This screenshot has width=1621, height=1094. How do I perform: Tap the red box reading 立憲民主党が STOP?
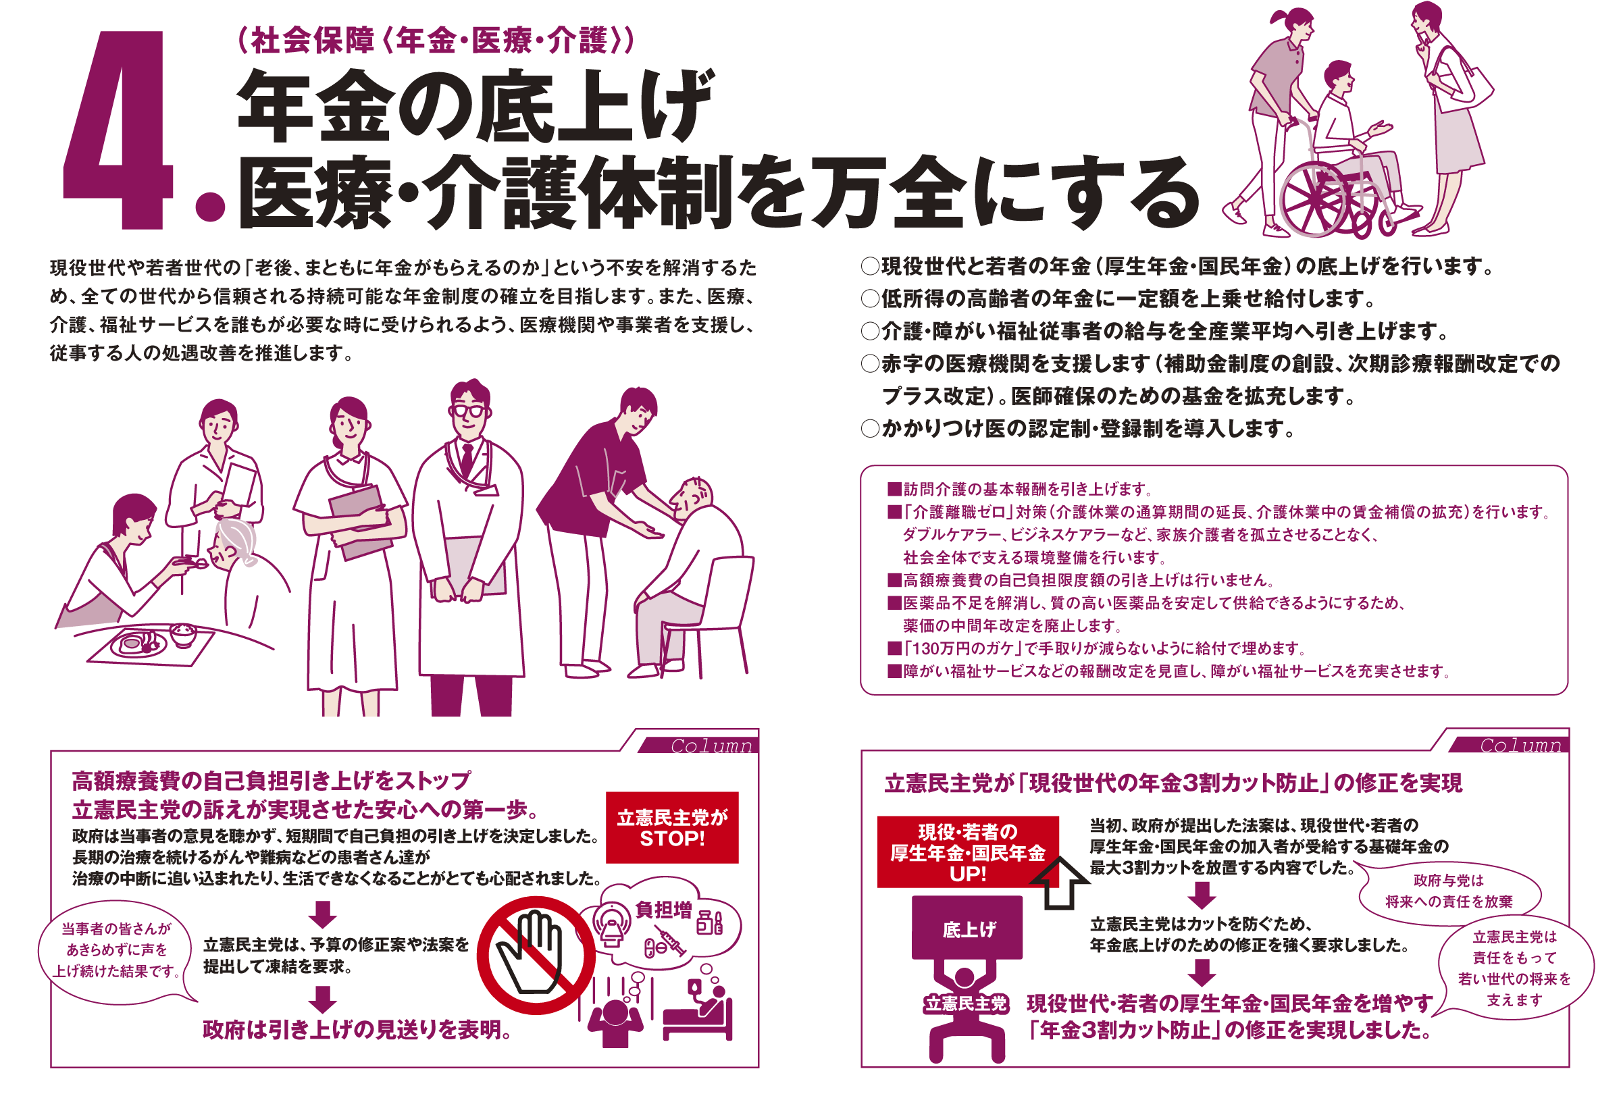[x=671, y=827]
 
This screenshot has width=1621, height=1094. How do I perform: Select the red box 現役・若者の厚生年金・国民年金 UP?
[x=967, y=852]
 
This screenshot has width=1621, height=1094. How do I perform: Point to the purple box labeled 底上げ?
[x=967, y=927]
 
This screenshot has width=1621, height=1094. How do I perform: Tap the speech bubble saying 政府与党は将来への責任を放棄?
[x=1449, y=891]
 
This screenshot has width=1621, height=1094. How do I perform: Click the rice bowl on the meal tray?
[x=184, y=634]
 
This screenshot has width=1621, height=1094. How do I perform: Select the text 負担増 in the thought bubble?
[x=663, y=910]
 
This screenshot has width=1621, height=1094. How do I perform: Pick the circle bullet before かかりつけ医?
[x=870, y=428]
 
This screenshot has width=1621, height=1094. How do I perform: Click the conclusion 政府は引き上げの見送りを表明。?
[x=358, y=1030]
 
